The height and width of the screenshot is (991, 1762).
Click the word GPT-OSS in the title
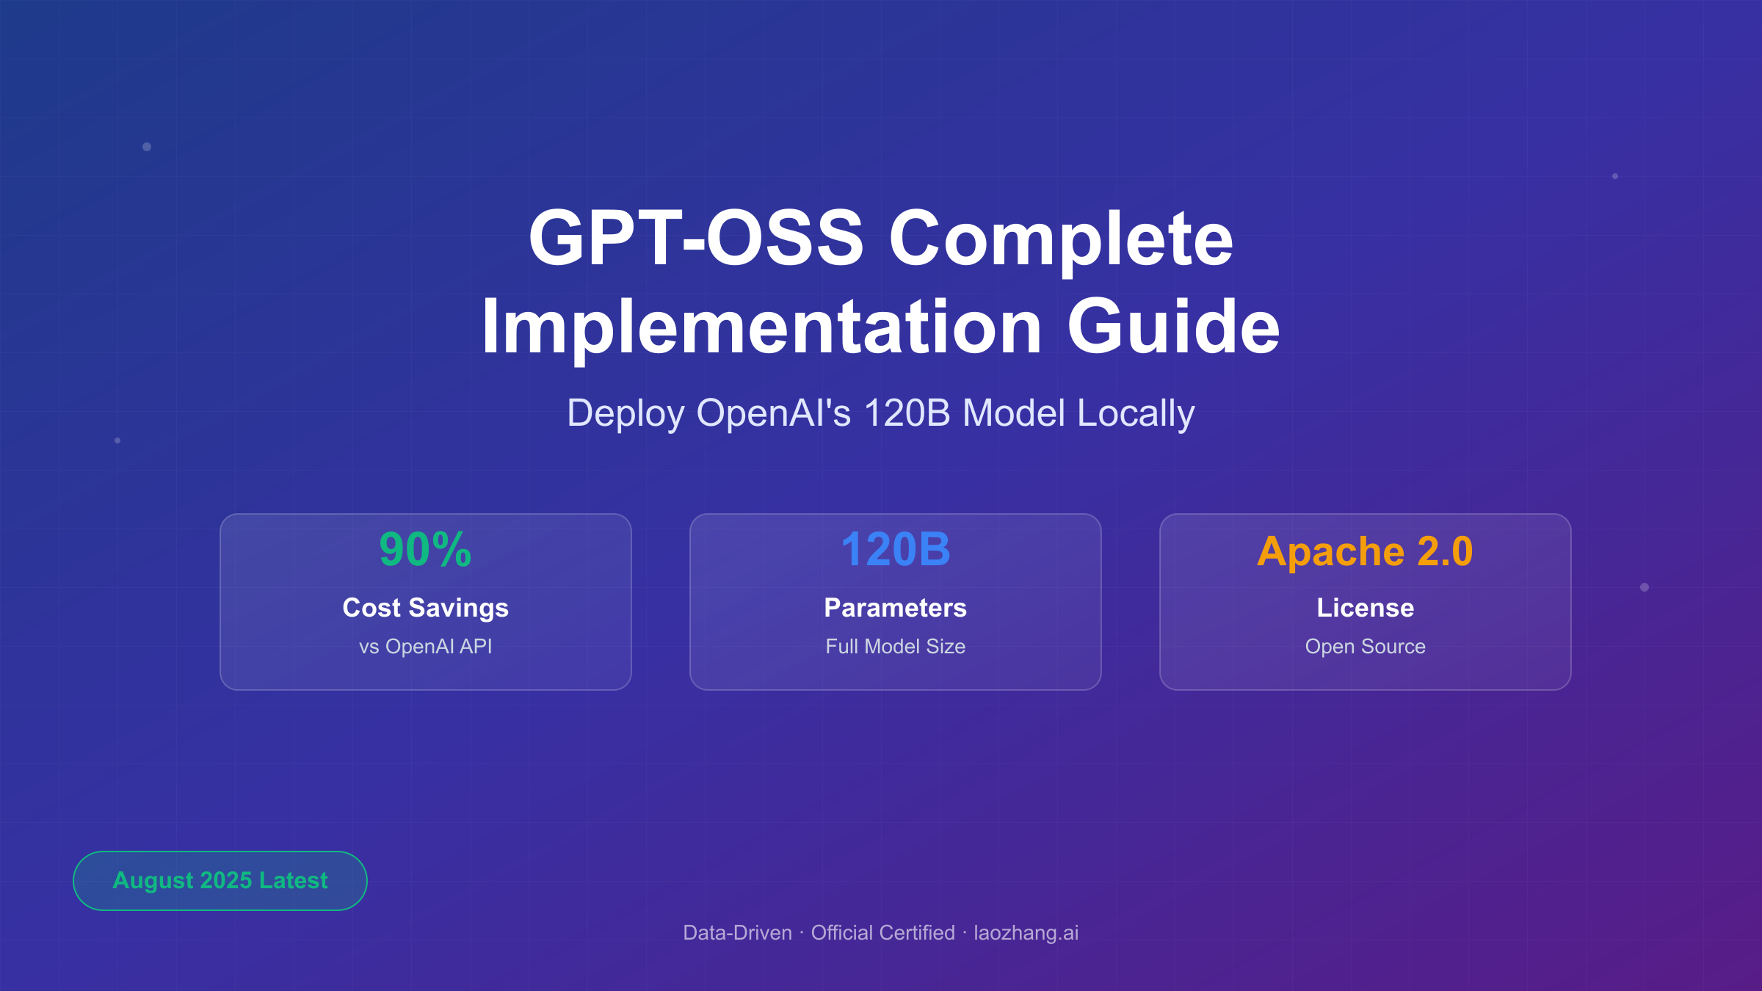(695, 239)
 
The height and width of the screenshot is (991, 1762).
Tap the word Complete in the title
(1061, 239)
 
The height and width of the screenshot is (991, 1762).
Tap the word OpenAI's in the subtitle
(773, 413)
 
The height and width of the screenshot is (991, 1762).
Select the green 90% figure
(425, 550)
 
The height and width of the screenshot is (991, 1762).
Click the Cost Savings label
(425, 608)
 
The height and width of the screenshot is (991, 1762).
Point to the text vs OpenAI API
(425, 647)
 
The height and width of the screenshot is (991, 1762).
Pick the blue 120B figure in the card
(895, 550)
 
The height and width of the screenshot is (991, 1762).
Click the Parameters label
(895, 608)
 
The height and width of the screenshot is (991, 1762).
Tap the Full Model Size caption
(895, 647)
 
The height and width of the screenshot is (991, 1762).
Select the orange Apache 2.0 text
(1365, 551)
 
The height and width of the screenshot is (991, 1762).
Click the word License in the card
(1365, 608)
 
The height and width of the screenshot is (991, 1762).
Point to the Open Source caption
(1365, 647)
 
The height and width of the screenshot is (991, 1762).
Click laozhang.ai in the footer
(1026, 933)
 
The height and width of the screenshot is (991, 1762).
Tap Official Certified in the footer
(882, 933)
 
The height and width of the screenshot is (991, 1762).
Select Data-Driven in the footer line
(737, 933)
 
